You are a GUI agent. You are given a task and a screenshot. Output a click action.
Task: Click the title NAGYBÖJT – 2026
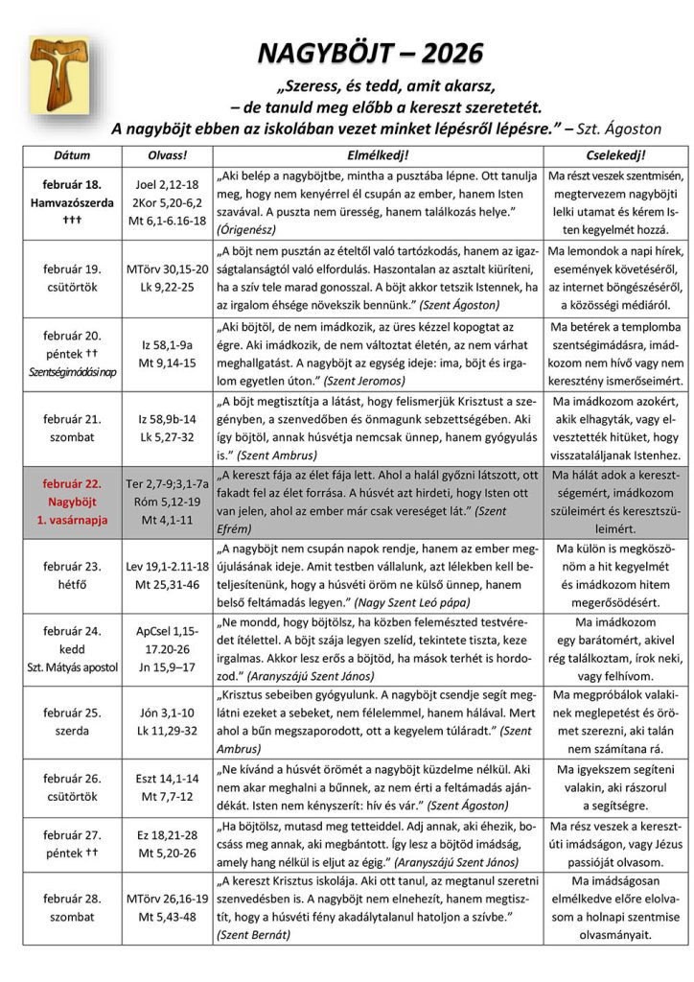click(x=370, y=53)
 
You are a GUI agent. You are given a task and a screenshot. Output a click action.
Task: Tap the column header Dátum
click(x=72, y=154)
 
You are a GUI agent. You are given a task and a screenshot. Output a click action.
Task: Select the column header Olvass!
click(x=166, y=154)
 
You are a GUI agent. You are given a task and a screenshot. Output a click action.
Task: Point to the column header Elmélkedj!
click(x=377, y=154)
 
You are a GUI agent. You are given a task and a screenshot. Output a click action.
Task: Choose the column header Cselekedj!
click(x=614, y=154)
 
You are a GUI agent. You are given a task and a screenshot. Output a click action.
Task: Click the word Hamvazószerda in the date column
click(x=72, y=202)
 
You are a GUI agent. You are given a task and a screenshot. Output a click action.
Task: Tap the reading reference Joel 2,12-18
click(x=166, y=184)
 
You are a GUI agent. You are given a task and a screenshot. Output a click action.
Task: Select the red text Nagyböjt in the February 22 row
click(x=72, y=502)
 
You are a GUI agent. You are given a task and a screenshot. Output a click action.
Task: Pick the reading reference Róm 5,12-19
click(x=166, y=502)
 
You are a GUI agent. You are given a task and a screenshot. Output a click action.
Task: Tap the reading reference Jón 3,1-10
click(x=166, y=713)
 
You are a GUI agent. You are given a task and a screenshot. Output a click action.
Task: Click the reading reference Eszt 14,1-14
click(x=166, y=779)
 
